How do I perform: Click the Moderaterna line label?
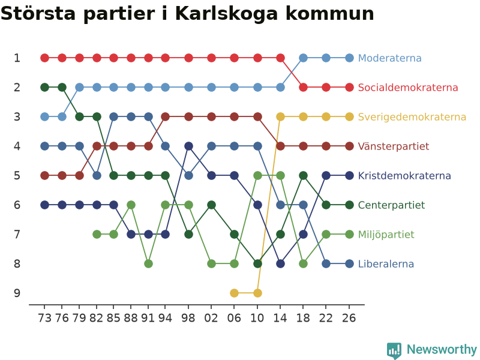[x=389, y=58]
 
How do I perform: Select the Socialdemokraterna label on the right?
[x=408, y=87]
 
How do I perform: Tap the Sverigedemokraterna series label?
[x=412, y=116]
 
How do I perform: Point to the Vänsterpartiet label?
[x=394, y=146]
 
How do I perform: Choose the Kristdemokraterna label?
[x=404, y=175]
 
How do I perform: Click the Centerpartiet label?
[x=391, y=205]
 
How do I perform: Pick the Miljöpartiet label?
[x=386, y=235]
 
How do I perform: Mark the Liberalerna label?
[x=386, y=263]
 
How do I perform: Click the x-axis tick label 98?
[x=188, y=318]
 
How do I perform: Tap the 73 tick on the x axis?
[x=44, y=318]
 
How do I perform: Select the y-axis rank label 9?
[x=17, y=293]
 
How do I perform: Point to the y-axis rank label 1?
[x=17, y=58]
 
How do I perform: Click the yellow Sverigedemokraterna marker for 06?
[x=234, y=293]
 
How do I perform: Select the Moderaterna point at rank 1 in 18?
[x=303, y=58]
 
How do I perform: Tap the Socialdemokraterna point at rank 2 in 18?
[x=303, y=87]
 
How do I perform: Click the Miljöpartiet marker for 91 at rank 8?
[x=148, y=263]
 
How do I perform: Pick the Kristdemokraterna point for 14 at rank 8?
[x=280, y=263]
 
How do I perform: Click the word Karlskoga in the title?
[x=227, y=13]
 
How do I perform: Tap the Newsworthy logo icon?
[x=394, y=350]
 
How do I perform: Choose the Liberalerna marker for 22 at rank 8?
[x=326, y=263]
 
